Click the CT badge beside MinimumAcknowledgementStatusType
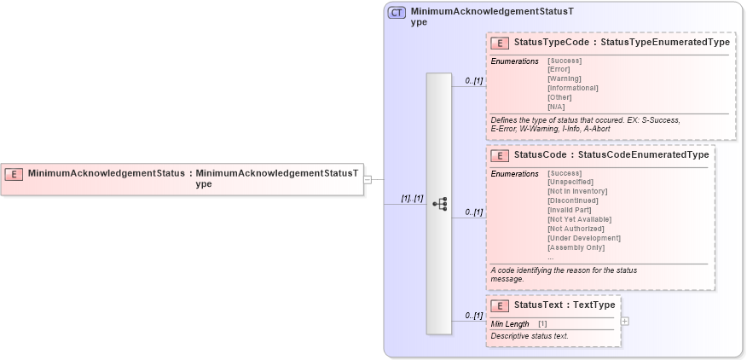397,13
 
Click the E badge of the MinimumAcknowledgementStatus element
14,174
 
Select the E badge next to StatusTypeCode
501,43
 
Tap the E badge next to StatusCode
501,155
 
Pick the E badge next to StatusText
501,305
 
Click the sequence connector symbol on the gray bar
440,204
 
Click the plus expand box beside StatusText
625,321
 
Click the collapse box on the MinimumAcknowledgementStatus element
368,179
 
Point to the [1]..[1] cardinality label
413,198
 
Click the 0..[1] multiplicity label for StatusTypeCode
474,81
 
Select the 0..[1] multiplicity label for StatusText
474,316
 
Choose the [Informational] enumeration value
572,88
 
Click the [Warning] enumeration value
565,78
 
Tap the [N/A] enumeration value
556,107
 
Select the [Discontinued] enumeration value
573,200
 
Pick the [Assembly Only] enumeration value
576,247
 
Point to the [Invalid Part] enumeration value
570,210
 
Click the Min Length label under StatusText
510,324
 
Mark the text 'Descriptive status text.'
530,336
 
